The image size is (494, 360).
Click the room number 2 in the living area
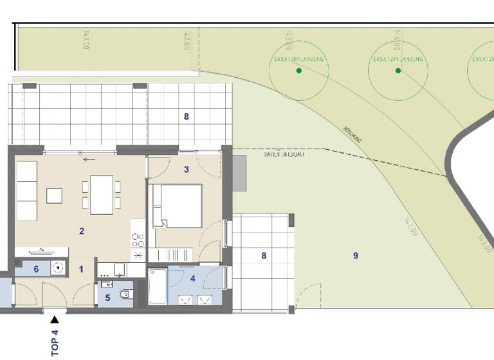(82, 231)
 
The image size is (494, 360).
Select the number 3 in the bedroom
(187, 170)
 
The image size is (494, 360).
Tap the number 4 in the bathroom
(193, 278)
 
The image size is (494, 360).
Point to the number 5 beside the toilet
(107, 298)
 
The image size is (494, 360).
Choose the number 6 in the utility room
(36, 269)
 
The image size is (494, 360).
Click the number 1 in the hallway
(81, 269)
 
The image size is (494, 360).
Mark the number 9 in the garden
(355, 256)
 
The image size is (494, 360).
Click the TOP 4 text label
(55, 343)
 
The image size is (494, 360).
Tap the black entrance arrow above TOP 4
(55, 318)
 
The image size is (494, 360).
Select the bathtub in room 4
(158, 287)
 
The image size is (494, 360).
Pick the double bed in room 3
(178, 206)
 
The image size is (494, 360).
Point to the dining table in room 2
(102, 194)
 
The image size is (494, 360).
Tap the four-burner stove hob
(138, 240)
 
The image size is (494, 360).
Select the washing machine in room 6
(59, 268)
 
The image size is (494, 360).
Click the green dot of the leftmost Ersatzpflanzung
(298, 71)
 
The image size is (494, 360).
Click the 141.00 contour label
(86, 40)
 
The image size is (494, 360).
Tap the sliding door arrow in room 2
(89, 159)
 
